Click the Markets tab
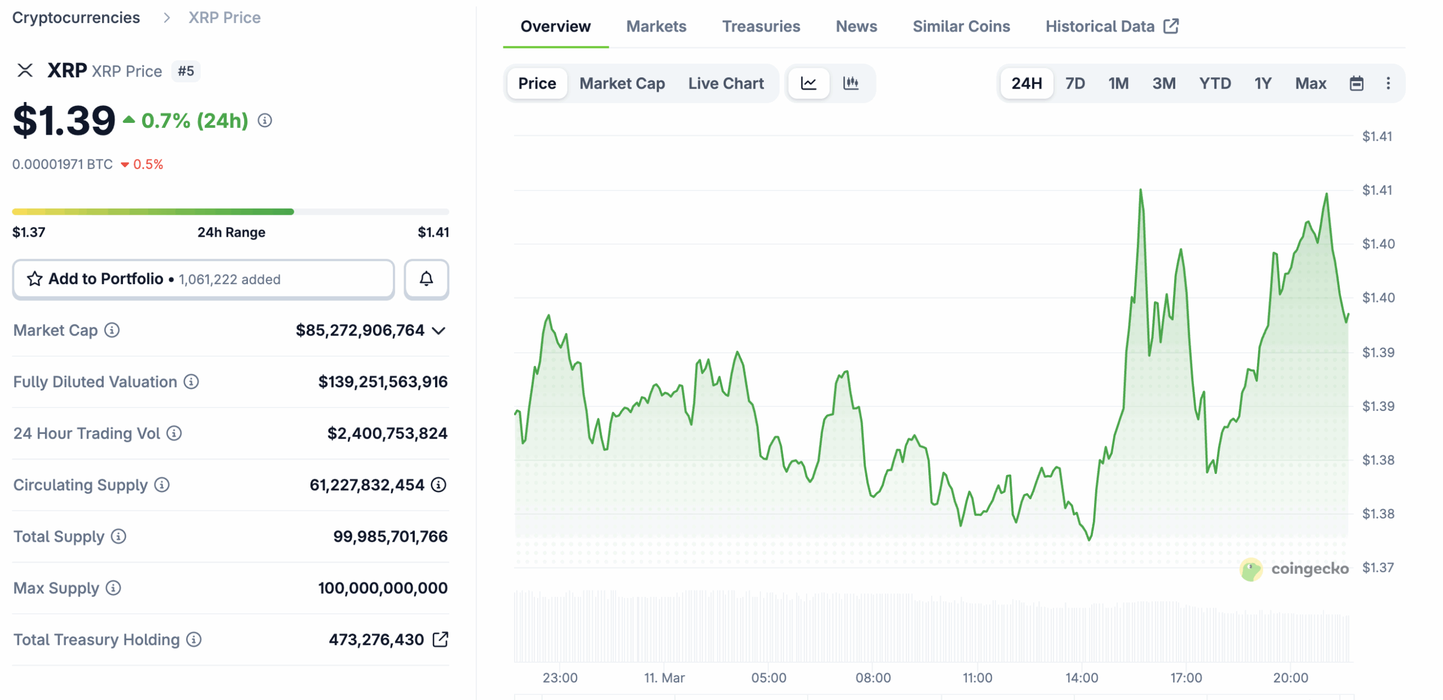point(656,26)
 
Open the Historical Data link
point(1111,26)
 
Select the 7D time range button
point(1074,83)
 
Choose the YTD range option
point(1214,83)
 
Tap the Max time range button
point(1310,83)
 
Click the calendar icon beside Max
point(1356,83)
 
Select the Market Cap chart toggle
point(622,83)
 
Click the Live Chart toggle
point(725,83)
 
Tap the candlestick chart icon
point(850,83)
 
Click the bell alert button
point(426,279)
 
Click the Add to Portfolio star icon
point(35,279)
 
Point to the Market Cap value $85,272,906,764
point(360,330)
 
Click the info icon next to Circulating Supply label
point(162,485)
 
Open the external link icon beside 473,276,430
point(440,639)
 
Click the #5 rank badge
point(185,71)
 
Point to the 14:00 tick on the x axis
point(1081,677)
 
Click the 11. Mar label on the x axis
point(664,677)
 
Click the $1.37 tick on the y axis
point(1377,568)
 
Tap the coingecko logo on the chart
point(1294,569)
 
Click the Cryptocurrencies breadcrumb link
point(76,17)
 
